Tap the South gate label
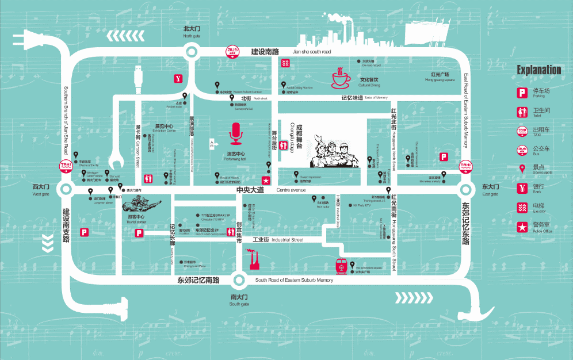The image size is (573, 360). pos(239,300)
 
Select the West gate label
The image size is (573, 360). pos(40,190)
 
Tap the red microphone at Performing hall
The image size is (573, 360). pos(236,134)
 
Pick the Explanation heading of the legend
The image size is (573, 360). pos(538,70)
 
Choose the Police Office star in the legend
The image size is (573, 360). pos(522,227)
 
